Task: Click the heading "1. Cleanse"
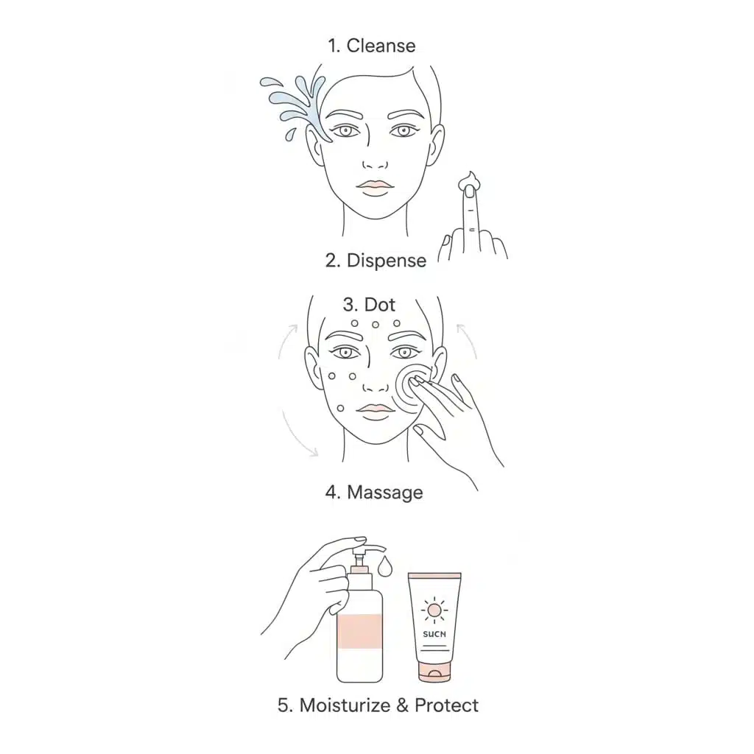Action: click(x=371, y=46)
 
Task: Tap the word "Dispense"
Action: click(x=386, y=261)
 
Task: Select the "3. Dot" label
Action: click(x=370, y=305)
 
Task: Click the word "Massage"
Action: click(x=384, y=492)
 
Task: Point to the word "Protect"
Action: click(x=446, y=705)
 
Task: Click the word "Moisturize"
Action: click(x=345, y=705)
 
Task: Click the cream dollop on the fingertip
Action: click(x=468, y=181)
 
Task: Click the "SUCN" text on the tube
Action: click(x=435, y=633)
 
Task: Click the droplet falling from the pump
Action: click(x=384, y=567)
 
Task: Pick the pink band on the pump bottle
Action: click(x=359, y=630)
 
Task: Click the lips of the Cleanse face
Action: click(x=374, y=187)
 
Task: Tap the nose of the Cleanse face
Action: click(x=376, y=163)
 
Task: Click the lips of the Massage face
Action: click(x=374, y=409)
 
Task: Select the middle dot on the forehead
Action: click(x=375, y=324)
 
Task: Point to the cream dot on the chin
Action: click(x=339, y=409)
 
